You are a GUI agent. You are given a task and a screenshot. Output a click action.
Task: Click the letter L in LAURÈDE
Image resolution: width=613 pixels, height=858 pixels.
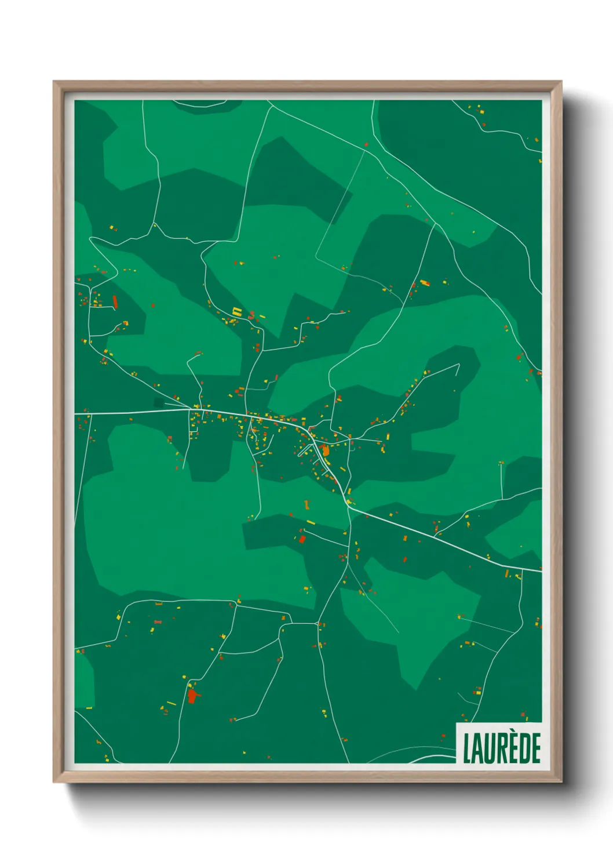(x=466, y=748)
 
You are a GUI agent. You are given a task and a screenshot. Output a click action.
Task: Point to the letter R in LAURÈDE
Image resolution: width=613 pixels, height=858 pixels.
(x=500, y=748)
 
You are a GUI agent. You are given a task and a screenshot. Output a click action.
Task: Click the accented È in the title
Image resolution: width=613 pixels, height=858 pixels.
(x=511, y=750)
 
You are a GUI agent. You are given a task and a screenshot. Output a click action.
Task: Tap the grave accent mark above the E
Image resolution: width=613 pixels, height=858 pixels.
(x=511, y=735)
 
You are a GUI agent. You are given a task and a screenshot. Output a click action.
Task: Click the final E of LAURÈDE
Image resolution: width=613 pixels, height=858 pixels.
(x=535, y=748)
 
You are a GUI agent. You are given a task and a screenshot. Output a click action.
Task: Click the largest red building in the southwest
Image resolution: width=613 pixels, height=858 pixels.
(x=192, y=696)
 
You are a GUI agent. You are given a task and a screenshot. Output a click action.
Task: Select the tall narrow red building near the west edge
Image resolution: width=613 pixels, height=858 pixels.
(x=115, y=302)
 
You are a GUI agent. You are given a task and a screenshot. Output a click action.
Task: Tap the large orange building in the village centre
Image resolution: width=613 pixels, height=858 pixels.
(x=324, y=449)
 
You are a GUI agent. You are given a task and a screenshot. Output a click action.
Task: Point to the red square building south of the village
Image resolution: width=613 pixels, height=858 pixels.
(x=302, y=539)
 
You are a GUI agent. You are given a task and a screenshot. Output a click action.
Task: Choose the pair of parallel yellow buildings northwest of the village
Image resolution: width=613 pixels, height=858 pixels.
(x=236, y=311)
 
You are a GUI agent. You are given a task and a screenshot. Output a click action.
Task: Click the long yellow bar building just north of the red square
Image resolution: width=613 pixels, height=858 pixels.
(x=311, y=522)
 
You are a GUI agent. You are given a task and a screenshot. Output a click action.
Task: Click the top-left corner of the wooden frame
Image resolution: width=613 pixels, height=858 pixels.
(x=54, y=82)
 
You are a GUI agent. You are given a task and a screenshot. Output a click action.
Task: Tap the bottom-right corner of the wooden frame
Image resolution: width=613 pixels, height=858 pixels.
(x=561, y=782)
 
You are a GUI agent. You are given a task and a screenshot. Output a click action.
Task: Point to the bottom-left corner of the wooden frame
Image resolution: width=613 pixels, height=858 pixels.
(x=54, y=782)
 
